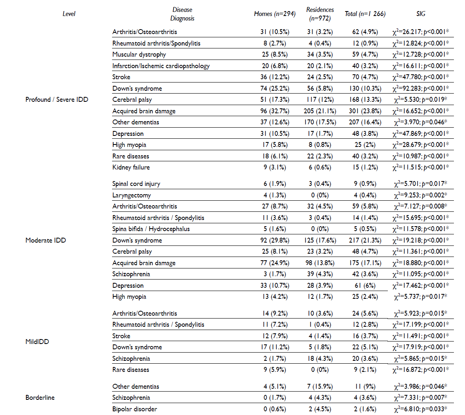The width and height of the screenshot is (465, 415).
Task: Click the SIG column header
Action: pyautogui.click(x=420, y=14)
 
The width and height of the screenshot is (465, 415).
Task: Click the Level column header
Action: pyautogui.click(x=69, y=14)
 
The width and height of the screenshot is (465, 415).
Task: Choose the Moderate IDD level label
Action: pyautogui.click(x=46, y=240)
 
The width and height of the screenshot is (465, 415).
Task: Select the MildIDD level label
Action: pyautogui.click(x=37, y=341)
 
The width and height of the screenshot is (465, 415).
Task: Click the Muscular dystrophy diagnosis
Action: pyautogui.click(x=139, y=54)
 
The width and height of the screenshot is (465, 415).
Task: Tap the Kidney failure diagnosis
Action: pyautogui.click(x=131, y=167)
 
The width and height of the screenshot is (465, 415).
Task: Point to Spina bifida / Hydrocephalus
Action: pyautogui.click(x=151, y=229)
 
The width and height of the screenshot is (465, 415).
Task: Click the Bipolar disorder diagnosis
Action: pyautogui.click(x=135, y=409)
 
